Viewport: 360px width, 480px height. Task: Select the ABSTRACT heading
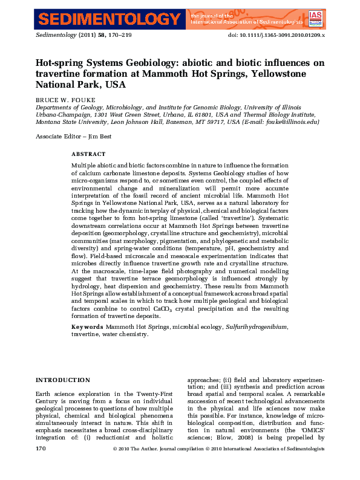pos(88,154)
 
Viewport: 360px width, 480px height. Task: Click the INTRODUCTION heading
pos(63,380)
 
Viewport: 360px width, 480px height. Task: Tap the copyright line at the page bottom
pos(218,449)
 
